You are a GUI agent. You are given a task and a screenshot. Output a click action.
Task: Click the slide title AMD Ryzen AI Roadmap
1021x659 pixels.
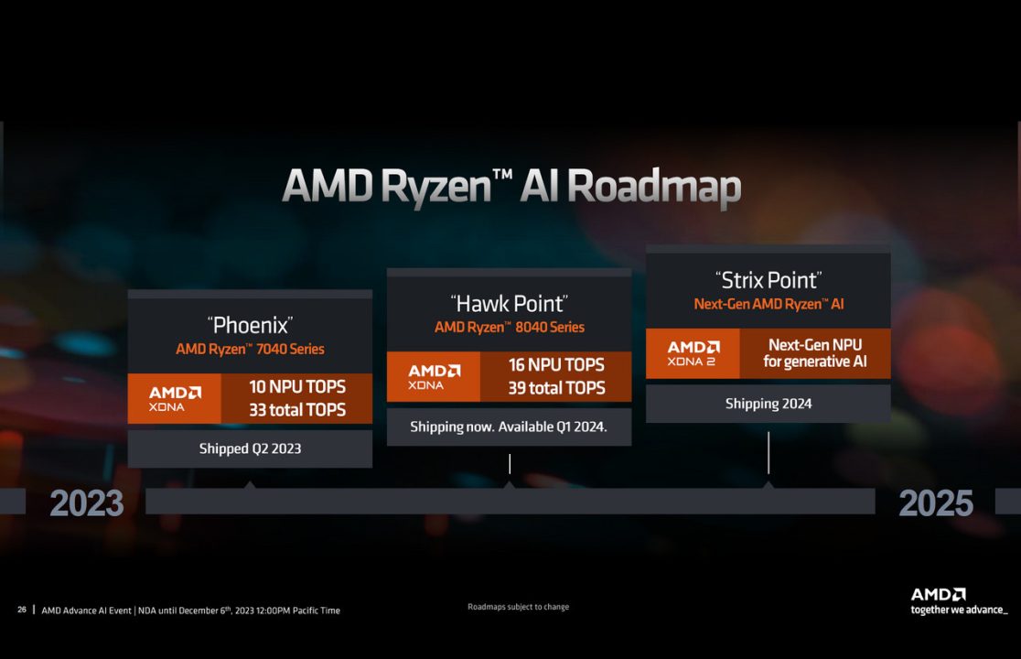(x=510, y=187)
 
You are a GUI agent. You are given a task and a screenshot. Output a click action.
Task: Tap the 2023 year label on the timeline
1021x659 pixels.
(x=86, y=502)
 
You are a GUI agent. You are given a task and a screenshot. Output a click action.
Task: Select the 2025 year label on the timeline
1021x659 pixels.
(x=935, y=502)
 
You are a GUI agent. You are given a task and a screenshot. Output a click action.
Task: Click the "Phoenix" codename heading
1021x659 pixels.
(x=250, y=324)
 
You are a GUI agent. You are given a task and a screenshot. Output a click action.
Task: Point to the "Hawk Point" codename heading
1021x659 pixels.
(x=509, y=303)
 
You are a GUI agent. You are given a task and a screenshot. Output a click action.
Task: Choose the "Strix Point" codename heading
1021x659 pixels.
(x=768, y=279)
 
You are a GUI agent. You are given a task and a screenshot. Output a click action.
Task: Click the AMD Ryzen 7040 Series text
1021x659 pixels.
(x=250, y=349)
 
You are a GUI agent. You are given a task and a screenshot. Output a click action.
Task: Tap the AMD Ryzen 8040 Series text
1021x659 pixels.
(x=509, y=327)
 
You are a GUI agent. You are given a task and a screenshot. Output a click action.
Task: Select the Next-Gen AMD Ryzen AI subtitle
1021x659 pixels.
(x=768, y=304)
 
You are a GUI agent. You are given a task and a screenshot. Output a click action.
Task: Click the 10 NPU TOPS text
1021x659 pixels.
(x=297, y=387)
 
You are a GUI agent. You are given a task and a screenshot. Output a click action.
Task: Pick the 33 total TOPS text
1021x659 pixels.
(x=297, y=409)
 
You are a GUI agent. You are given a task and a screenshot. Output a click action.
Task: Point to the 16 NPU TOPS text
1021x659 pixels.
(x=556, y=365)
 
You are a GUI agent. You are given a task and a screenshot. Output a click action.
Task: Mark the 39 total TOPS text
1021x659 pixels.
(x=556, y=387)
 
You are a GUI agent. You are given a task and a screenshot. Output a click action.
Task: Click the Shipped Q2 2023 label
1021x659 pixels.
(x=250, y=448)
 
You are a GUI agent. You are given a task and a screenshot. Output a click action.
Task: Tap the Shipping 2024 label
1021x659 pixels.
(x=768, y=404)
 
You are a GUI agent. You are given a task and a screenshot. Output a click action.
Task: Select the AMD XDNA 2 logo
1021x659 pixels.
(x=693, y=353)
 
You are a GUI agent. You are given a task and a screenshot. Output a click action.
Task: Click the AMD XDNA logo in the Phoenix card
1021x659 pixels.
(x=175, y=398)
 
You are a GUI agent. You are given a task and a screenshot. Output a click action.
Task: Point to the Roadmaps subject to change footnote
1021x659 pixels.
(x=518, y=607)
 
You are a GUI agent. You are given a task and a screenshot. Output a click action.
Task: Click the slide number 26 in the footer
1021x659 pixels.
(x=22, y=610)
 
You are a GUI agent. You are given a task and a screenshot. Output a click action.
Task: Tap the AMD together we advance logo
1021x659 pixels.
(x=958, y=601)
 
